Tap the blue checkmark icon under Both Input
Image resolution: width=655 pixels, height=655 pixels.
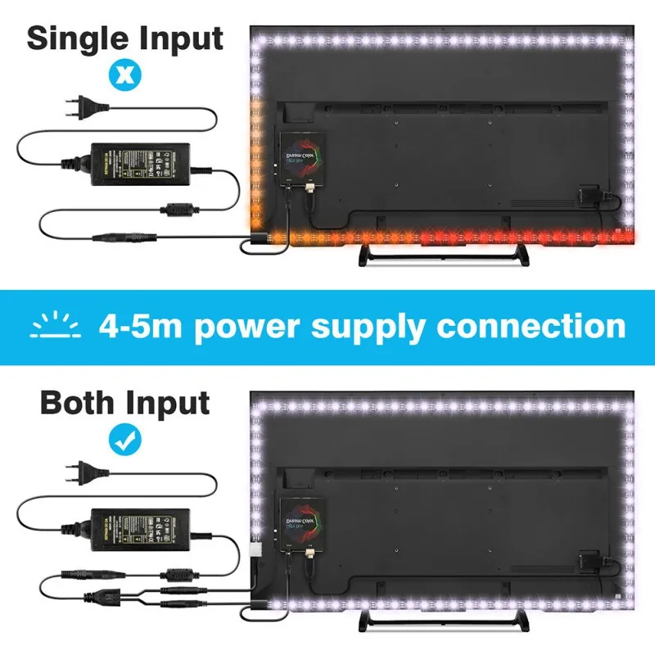[x=124, y=439]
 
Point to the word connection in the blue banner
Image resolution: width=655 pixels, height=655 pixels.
[x=531, y=326]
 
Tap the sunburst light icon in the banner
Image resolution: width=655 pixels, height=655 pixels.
[x=56, y=326]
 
